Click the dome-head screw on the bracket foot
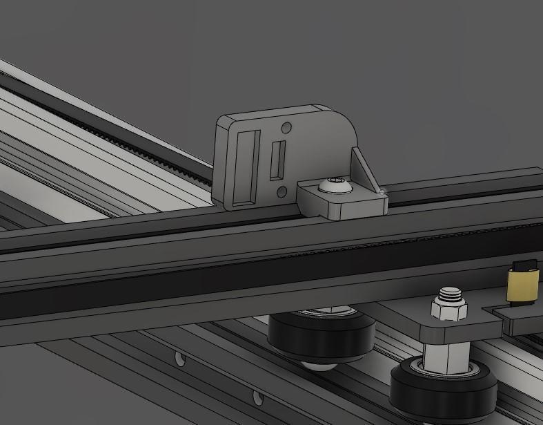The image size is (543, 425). pyautogui.click(x=332, y=185)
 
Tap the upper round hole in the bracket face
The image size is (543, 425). pyautogui.click(x=286, y=128)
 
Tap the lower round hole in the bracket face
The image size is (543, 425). pyautogui.click(x=282, y=191)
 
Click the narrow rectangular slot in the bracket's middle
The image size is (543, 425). pyautogui.click(x=278, y=159)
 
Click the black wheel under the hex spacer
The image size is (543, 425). pyautogui.click(x=444, y=391)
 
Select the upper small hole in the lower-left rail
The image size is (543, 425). pyautogui.click(x=181, y=359)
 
